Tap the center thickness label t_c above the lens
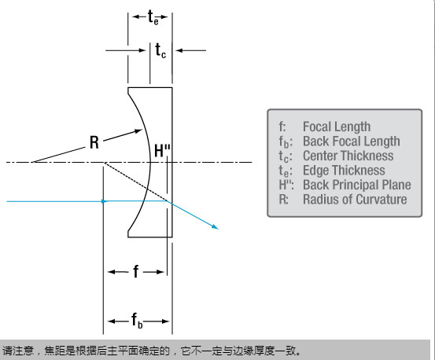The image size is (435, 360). (160, 50)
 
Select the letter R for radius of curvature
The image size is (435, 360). (94, 142)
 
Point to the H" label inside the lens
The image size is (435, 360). (162, 150)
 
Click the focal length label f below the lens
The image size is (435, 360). (135, 271)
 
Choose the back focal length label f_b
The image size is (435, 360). (137, 321)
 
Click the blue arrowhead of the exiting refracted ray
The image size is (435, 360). (215, 226)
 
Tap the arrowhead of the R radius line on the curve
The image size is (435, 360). (138, 130)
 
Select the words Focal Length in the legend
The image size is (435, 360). (337, 127)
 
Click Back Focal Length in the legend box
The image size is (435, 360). (351, 141)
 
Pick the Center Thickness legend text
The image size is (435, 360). (348, 156)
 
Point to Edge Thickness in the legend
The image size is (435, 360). (344, 170)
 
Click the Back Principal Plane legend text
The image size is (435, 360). (357, 185)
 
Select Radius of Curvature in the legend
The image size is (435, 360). (355, 200)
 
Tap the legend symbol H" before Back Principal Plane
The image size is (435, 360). (286, 185)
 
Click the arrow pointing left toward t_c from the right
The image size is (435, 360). (191, 50)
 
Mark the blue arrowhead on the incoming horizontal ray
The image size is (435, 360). (105, 201)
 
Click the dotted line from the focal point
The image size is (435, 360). (136, 182)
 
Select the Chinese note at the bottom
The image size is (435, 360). (152, 351)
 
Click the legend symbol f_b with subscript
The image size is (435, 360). (286, 142)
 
